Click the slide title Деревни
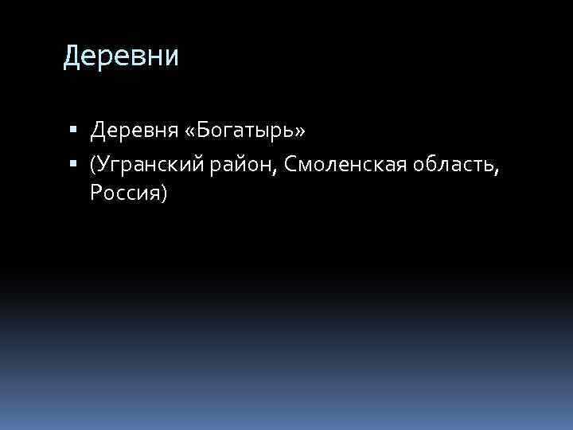point(122,57)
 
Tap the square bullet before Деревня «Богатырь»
point(73,129)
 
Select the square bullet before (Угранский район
point(73,165)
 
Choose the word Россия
point(125,193)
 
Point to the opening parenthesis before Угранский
point(93,166)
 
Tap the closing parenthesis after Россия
point(163,193)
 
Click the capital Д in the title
point(72,57)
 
